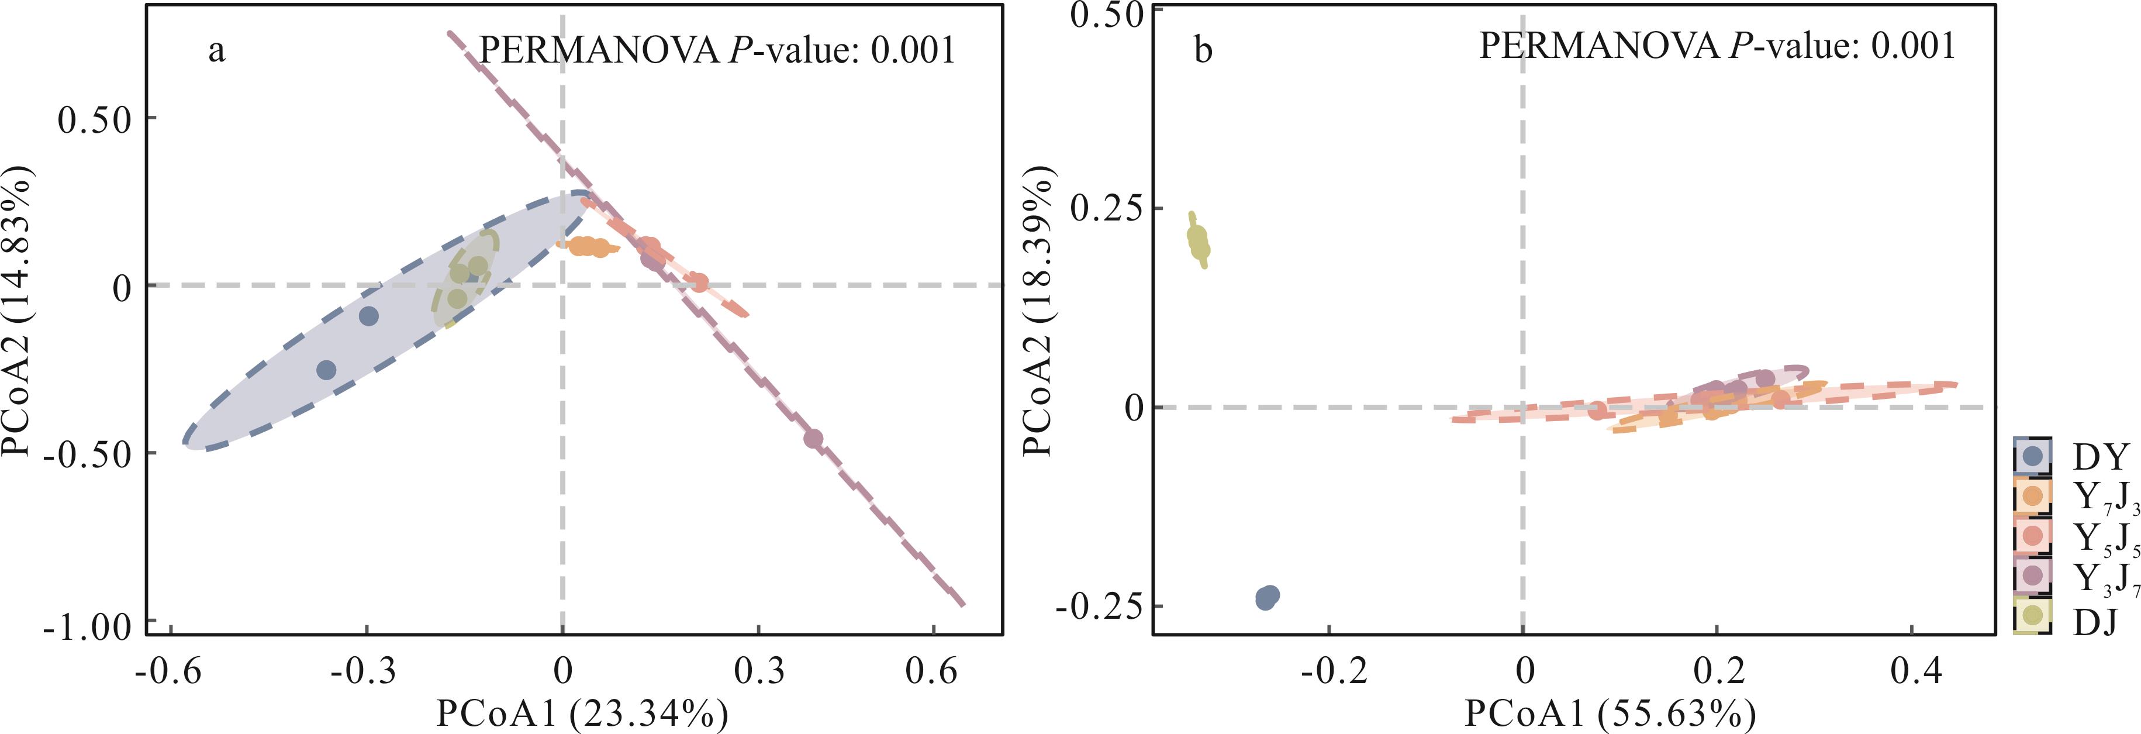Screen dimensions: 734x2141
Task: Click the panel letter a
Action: point(216,51)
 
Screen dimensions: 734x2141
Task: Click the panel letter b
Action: point(1203,51)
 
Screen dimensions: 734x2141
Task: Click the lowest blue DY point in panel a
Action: point(327,370)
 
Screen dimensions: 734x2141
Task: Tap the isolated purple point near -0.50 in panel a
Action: point(814,438)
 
